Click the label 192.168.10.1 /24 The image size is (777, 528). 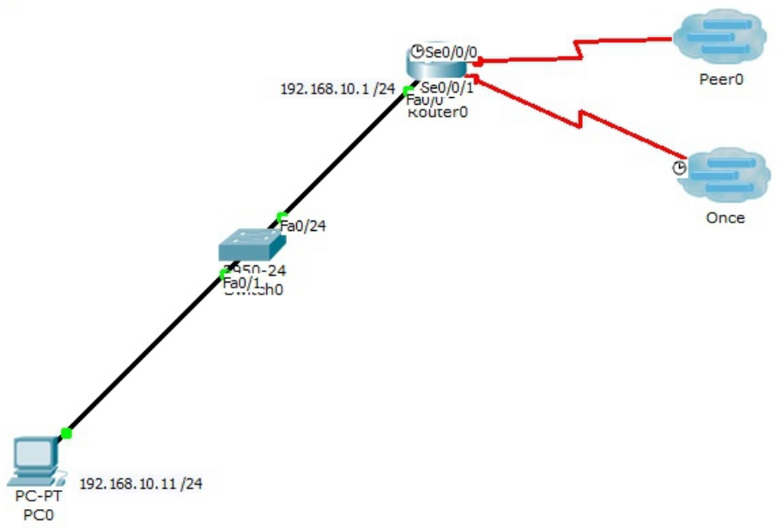[x=337, y=88]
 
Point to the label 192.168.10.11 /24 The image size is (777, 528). [x=142, y=483]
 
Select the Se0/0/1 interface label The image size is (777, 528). [x=448, y=87]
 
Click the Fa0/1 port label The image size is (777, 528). [x=241, y=281]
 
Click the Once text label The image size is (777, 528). [x=725, y=218]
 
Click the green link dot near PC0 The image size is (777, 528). [x=66, y=434]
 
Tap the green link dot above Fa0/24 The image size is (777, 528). [x=281, y=215]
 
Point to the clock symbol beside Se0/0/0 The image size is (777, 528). [x=417, y=51]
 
